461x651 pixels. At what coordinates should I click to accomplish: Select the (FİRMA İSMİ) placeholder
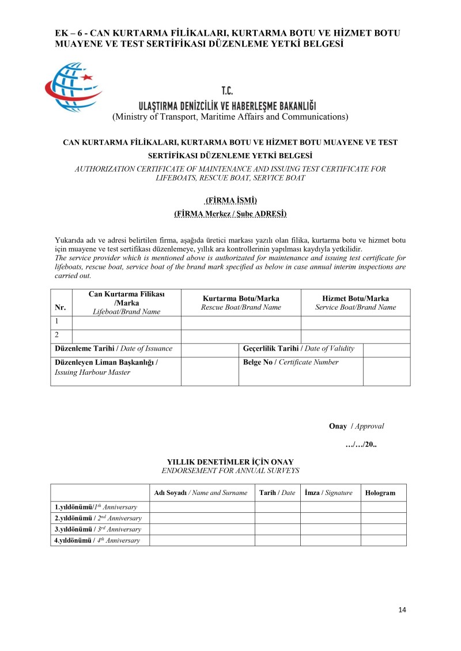click(231, 200)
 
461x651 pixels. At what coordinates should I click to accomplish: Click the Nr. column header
click(61, 307)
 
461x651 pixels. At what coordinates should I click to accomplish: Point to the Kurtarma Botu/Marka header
click(241, 303)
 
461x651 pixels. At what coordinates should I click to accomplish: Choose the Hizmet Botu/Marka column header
click(356, 303)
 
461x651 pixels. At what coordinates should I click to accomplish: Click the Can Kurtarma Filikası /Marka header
click(127, 303)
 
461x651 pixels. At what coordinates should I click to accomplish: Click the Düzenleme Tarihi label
click(113, 349)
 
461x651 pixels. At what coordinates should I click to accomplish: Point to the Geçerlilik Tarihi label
click(298, 349)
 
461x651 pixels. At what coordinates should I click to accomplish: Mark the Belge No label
click(290, 363)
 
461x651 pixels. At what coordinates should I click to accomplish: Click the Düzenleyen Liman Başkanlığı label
click(106, 367)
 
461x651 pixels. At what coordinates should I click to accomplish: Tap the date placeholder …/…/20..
click(361, 445)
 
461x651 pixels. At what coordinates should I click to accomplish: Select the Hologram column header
click(380, 493)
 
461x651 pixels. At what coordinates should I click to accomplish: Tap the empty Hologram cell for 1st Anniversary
click(383, 507)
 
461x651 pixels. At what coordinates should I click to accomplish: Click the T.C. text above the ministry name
click(227, 91)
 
